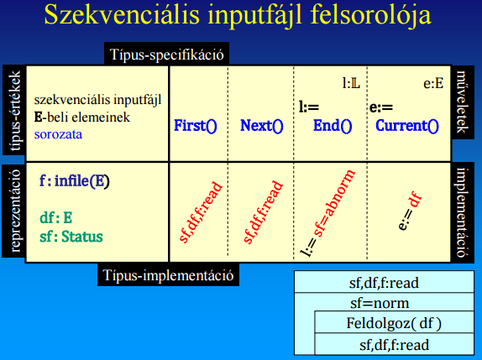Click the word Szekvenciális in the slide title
pos(122,14)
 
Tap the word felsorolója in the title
pos(371,16)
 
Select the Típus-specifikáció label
pos(166,55)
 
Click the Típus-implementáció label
pos(168,275)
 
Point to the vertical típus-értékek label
pos(14,111)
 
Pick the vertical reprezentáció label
pos(14,211)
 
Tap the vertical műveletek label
pos(463,102)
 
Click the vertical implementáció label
pos(463,212)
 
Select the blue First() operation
pos(196,126)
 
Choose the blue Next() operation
pos(262,126)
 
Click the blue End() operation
pos(333,126)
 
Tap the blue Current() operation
pos(407,126)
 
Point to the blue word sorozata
pos(59,134)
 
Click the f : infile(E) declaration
pos(75,180)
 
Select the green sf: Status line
pos(71,237)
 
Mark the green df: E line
pos(56,218)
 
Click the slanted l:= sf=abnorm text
pos(327,213)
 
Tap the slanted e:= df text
pos(410,211)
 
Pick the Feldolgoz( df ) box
pos(394,322)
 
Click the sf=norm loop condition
pos(380,303)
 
